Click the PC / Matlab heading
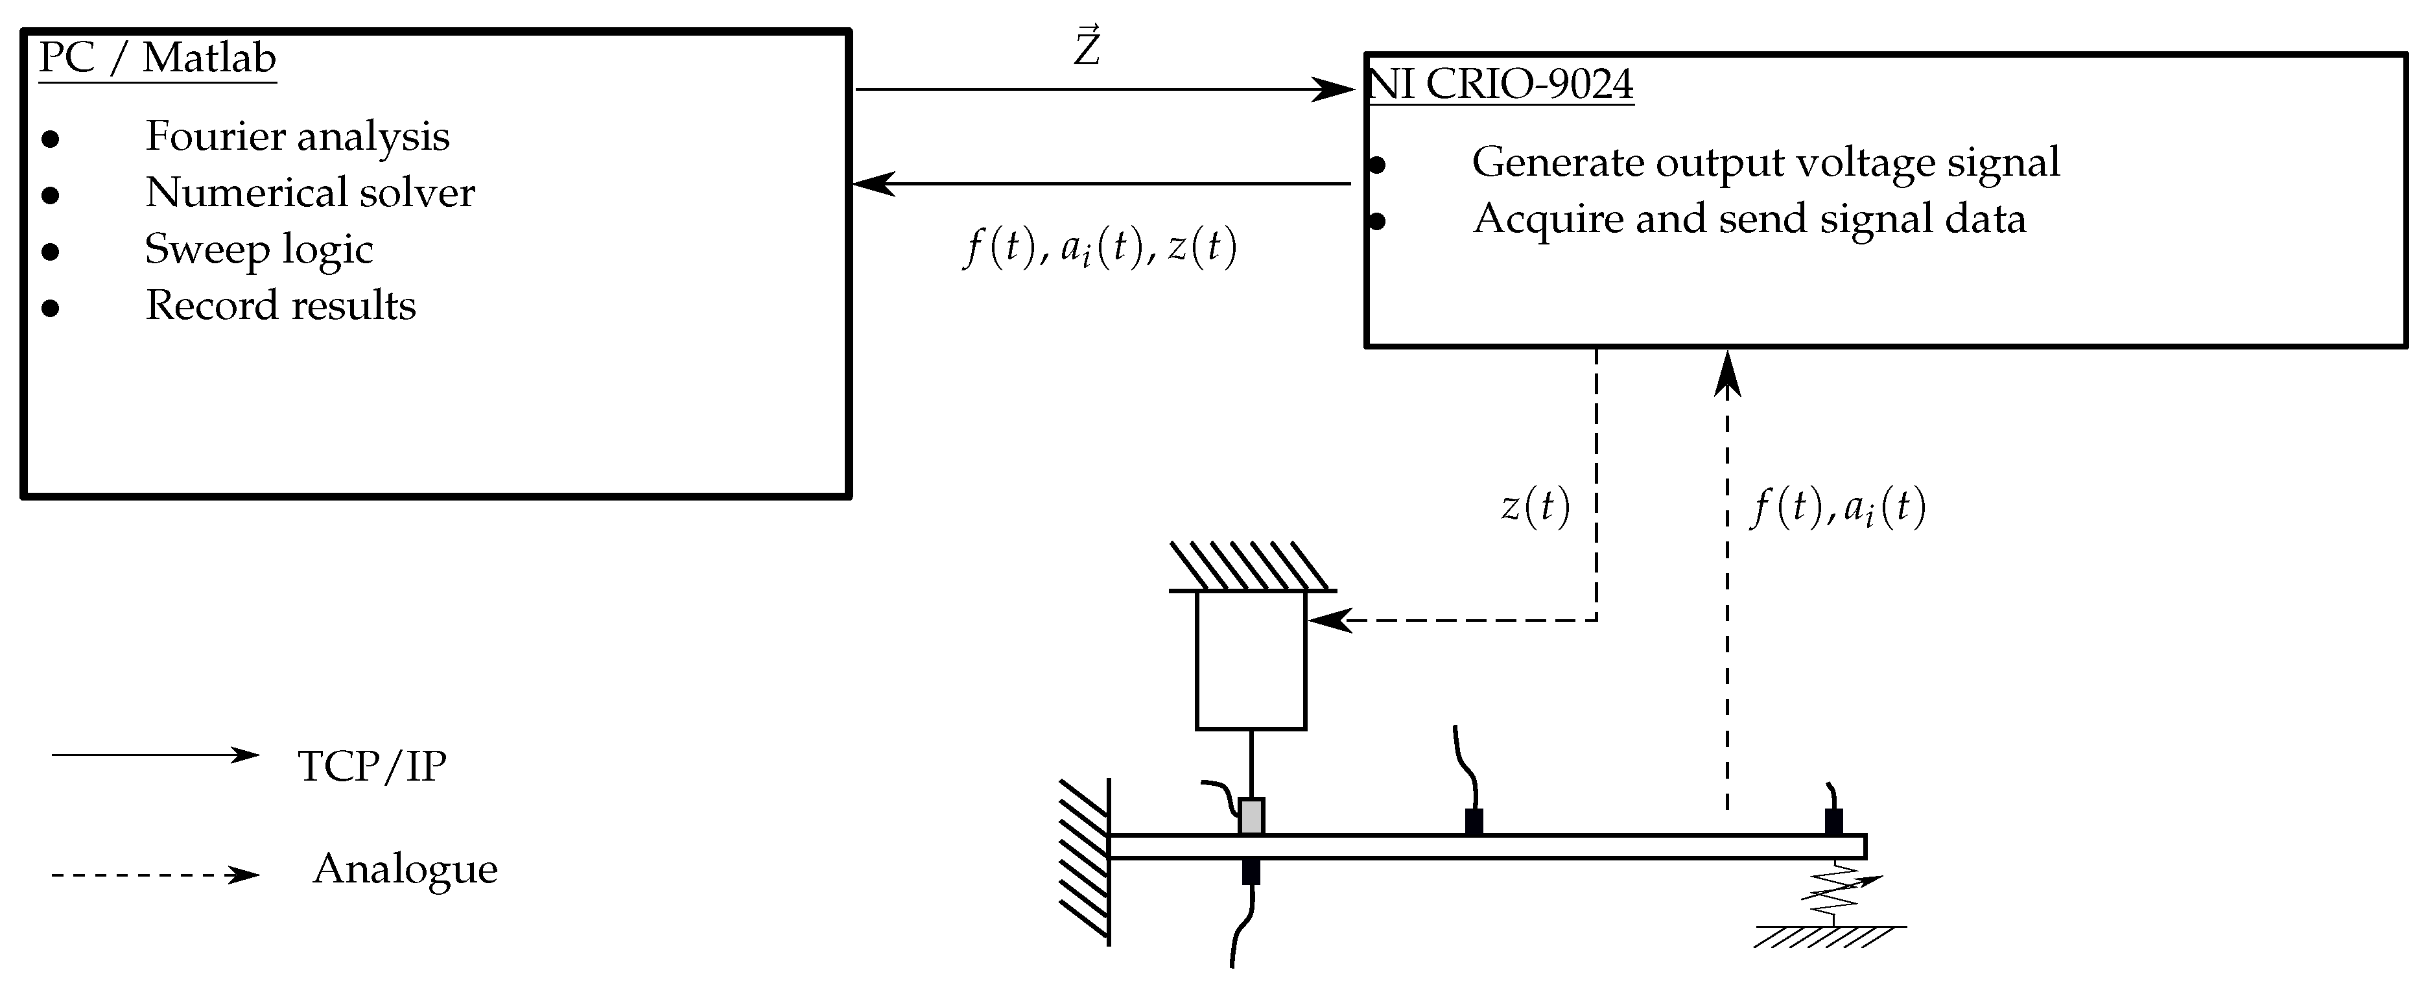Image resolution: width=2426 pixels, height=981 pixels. tap(158, 58)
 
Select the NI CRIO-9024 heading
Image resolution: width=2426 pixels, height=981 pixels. tap(1500, 85)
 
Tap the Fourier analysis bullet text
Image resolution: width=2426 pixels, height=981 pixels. tap(297, 137)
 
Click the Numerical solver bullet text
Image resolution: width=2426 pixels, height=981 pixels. tap(310, 193)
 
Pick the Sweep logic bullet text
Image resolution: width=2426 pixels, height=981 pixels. tap(259, 250)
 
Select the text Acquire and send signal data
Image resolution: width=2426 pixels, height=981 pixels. tap(1749, 219)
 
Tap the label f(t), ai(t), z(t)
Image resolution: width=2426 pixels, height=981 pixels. tap(1099, 248)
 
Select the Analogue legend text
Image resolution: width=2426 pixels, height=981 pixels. tap(405, 869)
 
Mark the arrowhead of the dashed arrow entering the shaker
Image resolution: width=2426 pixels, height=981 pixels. tap(1328, 621)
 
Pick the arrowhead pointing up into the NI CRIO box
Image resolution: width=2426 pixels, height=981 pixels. tap(1727, 372)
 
